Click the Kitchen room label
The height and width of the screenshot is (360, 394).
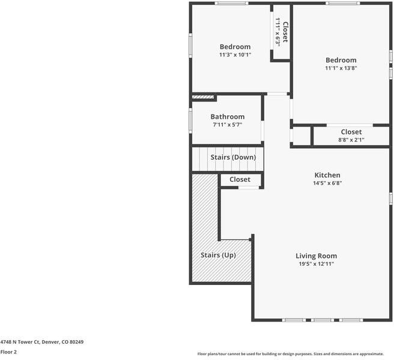coord(327,175)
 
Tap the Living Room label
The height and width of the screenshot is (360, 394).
coord(316,256)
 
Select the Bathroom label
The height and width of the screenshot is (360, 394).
coord(227,117)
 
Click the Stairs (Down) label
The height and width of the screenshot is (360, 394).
coord(232,157)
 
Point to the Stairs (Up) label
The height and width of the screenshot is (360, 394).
coord(217,255)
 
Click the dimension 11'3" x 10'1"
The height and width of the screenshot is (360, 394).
coord(235,55)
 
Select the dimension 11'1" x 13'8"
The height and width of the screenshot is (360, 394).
coord(341,68)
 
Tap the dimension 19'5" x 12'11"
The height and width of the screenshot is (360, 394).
coord(316,263)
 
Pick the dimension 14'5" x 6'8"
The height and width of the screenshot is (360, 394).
coord(327,183)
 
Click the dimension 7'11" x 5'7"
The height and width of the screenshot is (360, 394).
coord(227,125)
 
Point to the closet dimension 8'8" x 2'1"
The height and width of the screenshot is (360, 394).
coord(351,140)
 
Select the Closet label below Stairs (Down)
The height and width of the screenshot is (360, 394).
coord(240,179)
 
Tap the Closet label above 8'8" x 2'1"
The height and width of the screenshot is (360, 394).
coord(351,132)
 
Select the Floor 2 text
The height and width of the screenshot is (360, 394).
coord(8,352)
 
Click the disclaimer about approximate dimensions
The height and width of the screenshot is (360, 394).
coord(294,353)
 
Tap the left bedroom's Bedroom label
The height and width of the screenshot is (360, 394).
coord(235,47)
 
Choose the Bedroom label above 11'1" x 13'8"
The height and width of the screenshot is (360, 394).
coord(341,60)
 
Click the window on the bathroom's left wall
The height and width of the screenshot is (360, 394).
coord(191,119)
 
